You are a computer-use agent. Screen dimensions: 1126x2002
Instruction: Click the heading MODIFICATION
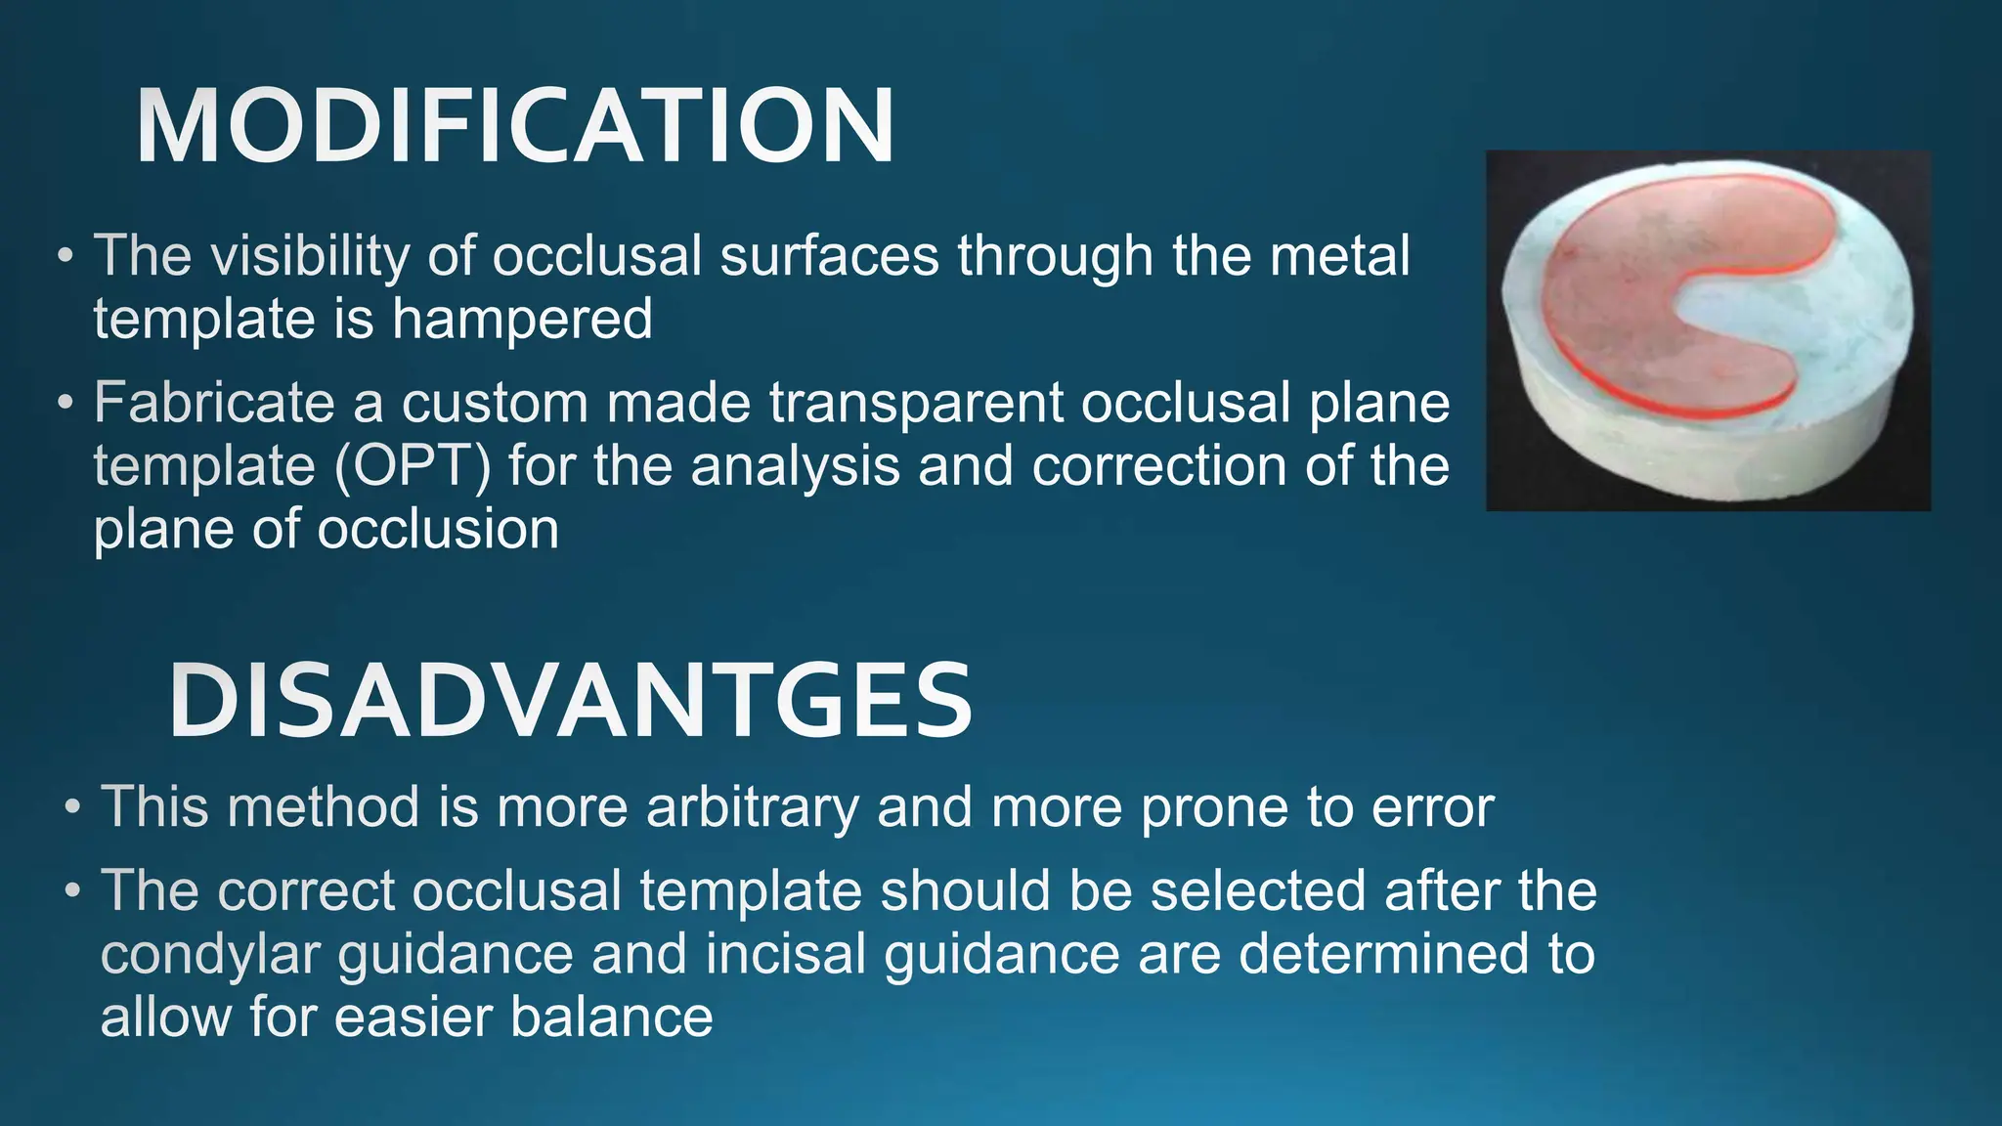pos(514,127)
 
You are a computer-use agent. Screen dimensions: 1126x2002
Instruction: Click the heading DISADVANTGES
pos(570,701)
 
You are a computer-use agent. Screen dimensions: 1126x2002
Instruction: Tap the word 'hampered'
pos(522,321)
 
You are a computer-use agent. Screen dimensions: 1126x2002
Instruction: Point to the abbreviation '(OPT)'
pos(412,466)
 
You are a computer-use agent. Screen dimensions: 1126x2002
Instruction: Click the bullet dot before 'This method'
pos(72,809)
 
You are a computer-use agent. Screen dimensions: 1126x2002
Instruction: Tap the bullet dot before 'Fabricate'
pos(65,404)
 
